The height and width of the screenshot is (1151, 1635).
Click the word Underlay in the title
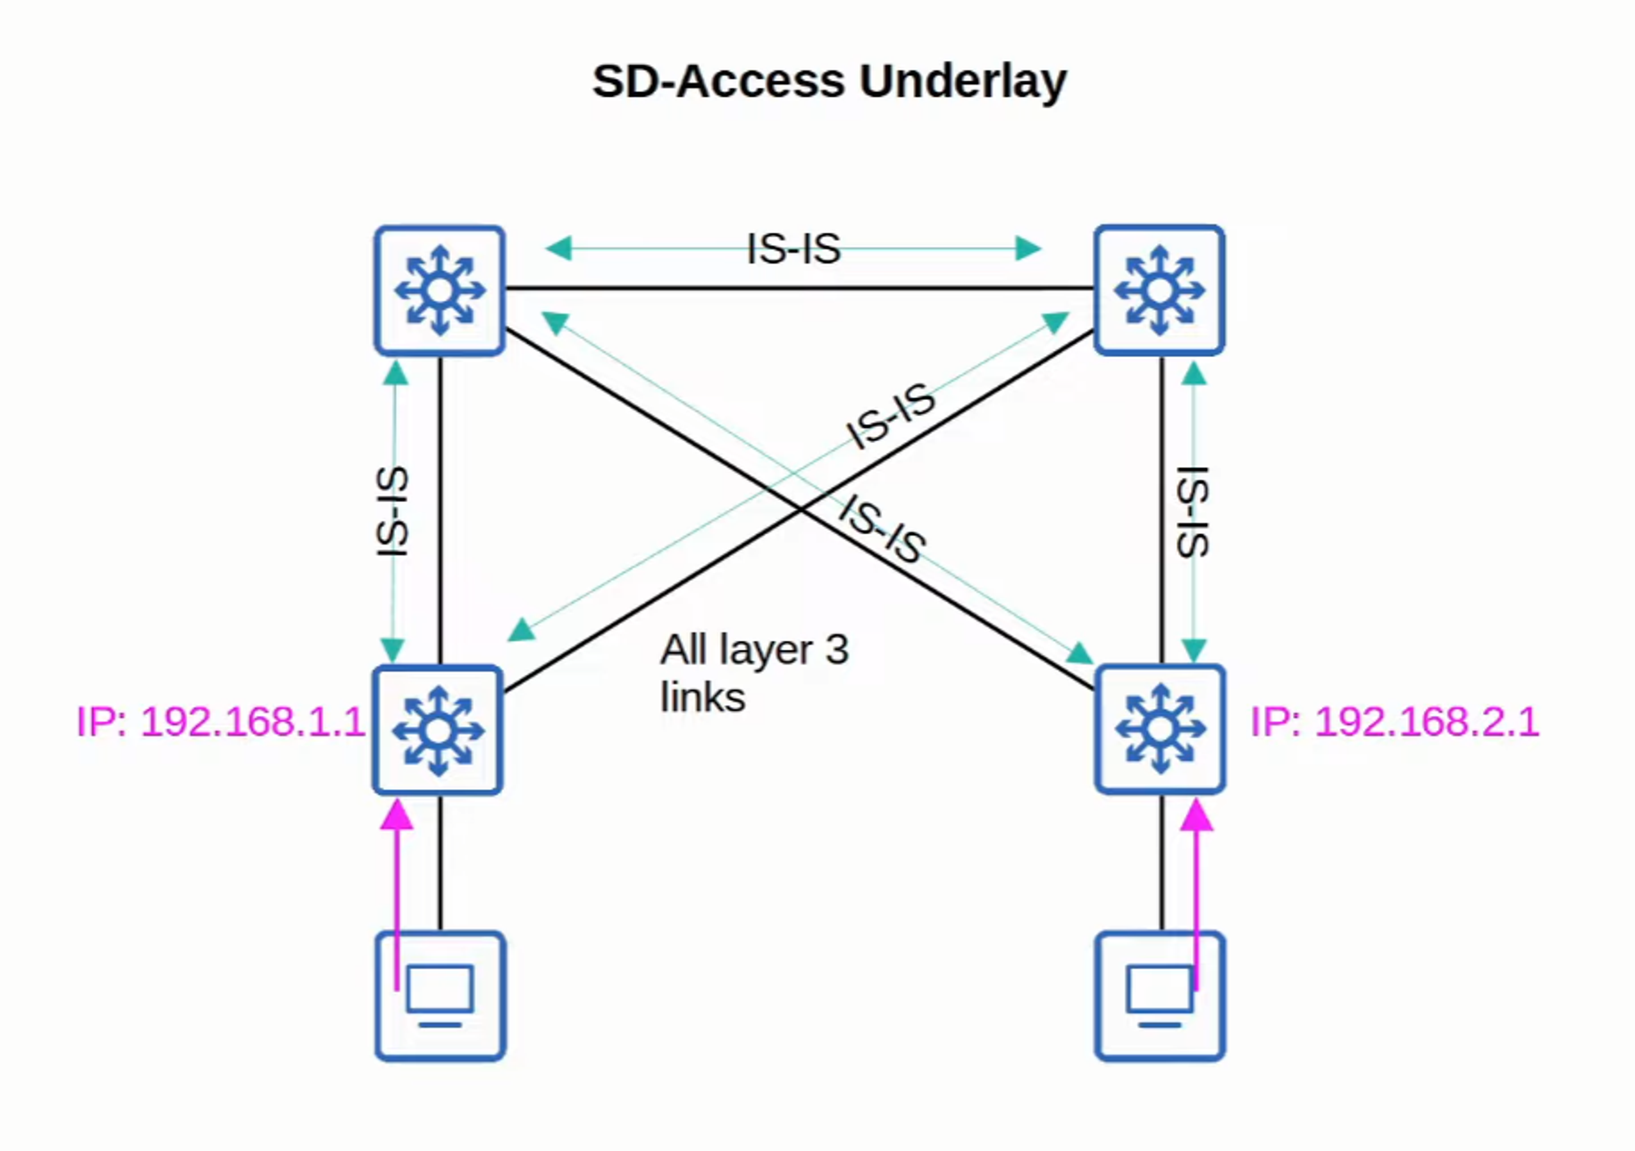962,81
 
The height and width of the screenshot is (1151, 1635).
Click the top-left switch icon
440,290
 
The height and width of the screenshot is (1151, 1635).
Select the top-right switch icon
1159,290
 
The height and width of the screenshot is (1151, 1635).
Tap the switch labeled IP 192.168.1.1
438,730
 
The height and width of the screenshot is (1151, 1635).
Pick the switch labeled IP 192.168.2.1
1159,729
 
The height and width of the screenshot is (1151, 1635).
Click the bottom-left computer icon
440,996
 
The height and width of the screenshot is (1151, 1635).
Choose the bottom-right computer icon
1159,996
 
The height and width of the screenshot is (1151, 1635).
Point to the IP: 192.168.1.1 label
220,721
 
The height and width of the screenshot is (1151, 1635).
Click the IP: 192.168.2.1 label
1394,721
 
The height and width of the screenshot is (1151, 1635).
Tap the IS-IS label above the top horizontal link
793,248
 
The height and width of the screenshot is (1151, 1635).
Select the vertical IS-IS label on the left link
392,512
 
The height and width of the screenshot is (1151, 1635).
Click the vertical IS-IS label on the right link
1194,512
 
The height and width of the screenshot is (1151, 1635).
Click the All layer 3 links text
753,673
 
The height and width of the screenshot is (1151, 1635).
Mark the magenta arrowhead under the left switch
397,815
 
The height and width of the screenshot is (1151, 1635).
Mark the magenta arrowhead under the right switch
1196,815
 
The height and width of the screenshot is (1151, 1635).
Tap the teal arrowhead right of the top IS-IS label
1028,247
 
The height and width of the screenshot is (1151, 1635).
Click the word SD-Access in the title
718,81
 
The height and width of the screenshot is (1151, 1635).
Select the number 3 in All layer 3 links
836,650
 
